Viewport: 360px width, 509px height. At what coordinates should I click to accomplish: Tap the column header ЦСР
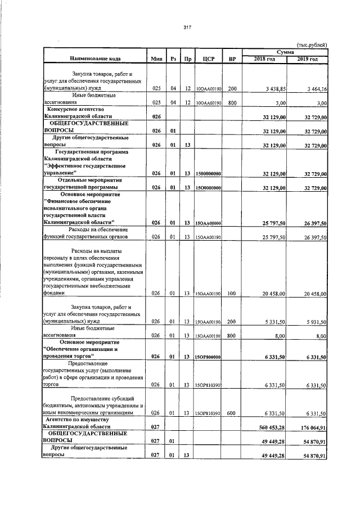(209, 59)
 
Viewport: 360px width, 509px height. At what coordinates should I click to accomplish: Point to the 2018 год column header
(264, 59)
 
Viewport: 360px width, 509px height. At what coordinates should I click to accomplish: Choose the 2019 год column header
(308, 59)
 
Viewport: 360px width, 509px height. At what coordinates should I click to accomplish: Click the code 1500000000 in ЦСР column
(208, 174)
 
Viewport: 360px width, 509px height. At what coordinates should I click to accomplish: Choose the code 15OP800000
(208, 357)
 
